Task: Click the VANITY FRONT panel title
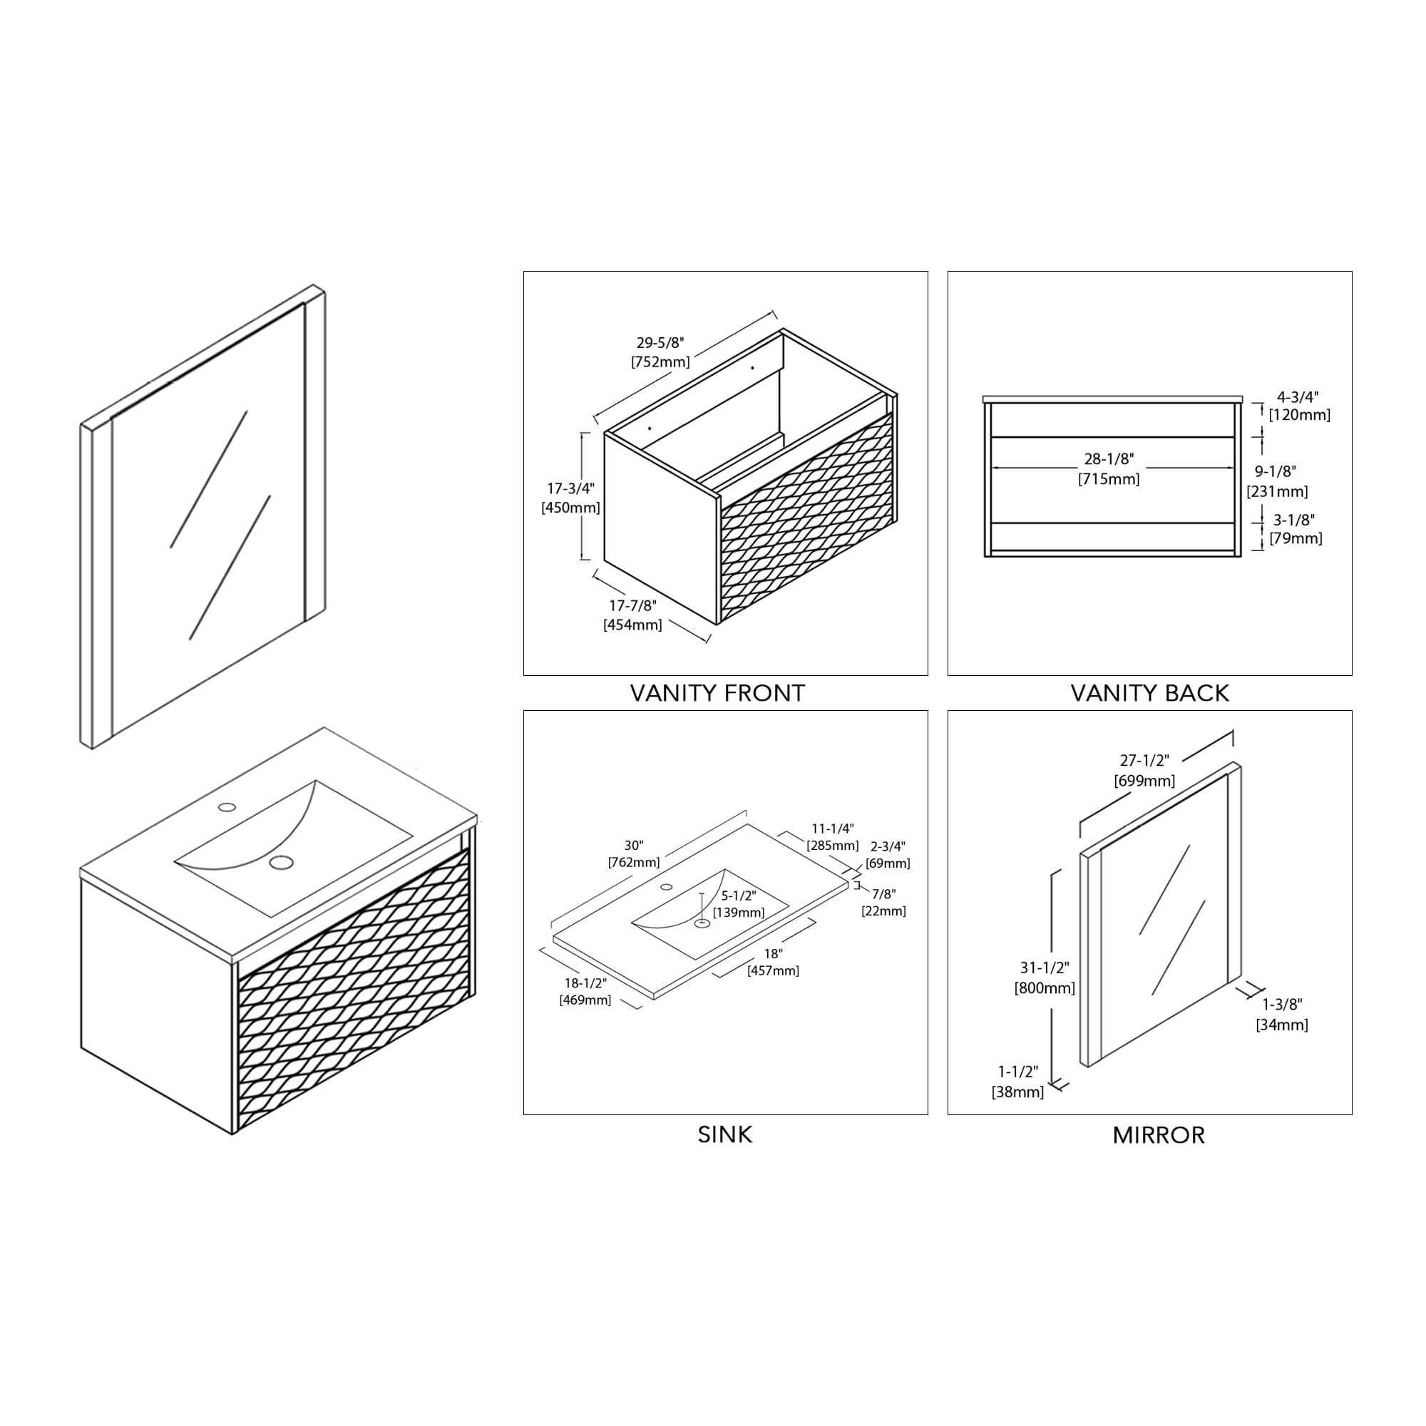pyautogui.click(x=717, y=693)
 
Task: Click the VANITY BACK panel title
pyautogui.click(x=1149, y=693)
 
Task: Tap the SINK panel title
pyautogui.click(x=725, y=1134)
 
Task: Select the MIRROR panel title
pyautogui.click(x=1158, y=1134)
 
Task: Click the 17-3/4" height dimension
pyautogui.click(x=570, y=488)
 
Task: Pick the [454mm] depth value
pyautogui.click(x=632, y=625)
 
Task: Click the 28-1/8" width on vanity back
pyautogui.click(x=1109, y=459)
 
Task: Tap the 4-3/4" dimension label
pyautogui.click(x=1298, y=397)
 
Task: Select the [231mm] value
pyautogui.click(x=1277, y=491)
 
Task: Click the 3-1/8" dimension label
pyautogui.click(x=1294, y=520)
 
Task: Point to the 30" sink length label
pyautogui.click(x=633, y=846)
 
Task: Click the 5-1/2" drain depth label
pyautogui.click(x=738, y=896)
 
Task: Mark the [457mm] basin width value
pyautogui.click(x=773, y=970)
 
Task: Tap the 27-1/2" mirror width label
pyautogui.click(x=1144, y=760)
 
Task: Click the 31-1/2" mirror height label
pyautogui.click(x=1045, y=968)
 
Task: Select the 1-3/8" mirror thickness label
pyautogui.click(x=1282, y=1005)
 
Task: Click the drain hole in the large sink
pyautogui.click(x=280, y=861)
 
